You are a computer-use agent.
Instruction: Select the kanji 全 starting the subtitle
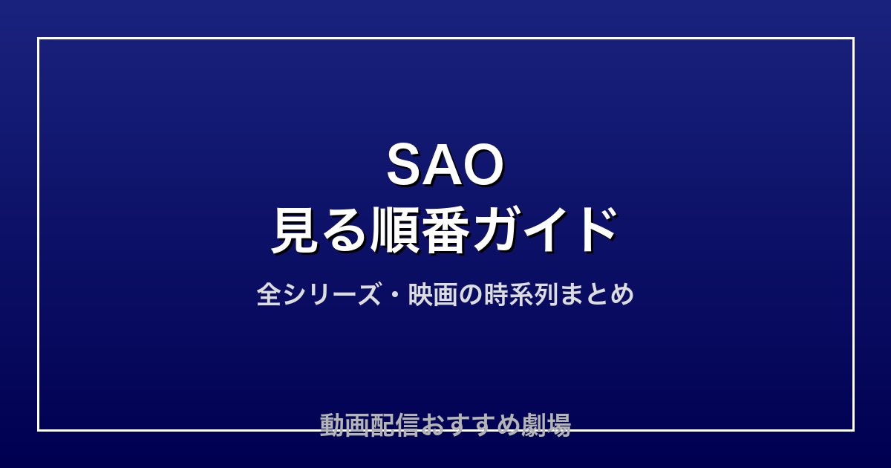coord(269,294)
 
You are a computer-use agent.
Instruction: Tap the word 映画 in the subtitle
coord(432,294)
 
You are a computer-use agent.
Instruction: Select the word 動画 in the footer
coord(345,425)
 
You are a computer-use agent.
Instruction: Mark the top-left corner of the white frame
coord(38,38)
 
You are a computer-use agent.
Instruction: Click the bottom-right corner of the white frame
coord(854,430)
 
